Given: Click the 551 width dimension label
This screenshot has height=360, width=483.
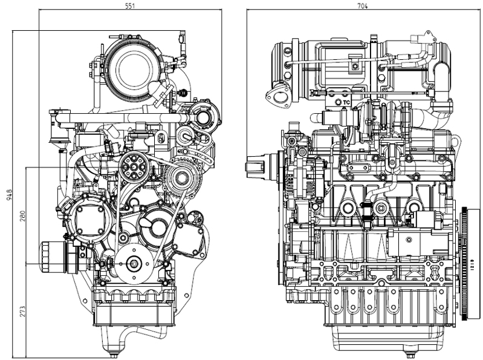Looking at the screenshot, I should [x=129, y=5].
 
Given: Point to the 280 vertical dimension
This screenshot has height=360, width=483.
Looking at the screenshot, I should [x=22, y=216].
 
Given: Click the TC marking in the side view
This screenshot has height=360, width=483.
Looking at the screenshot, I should [x=346, y=102].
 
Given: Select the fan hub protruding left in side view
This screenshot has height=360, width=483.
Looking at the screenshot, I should [x=259, y=165].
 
